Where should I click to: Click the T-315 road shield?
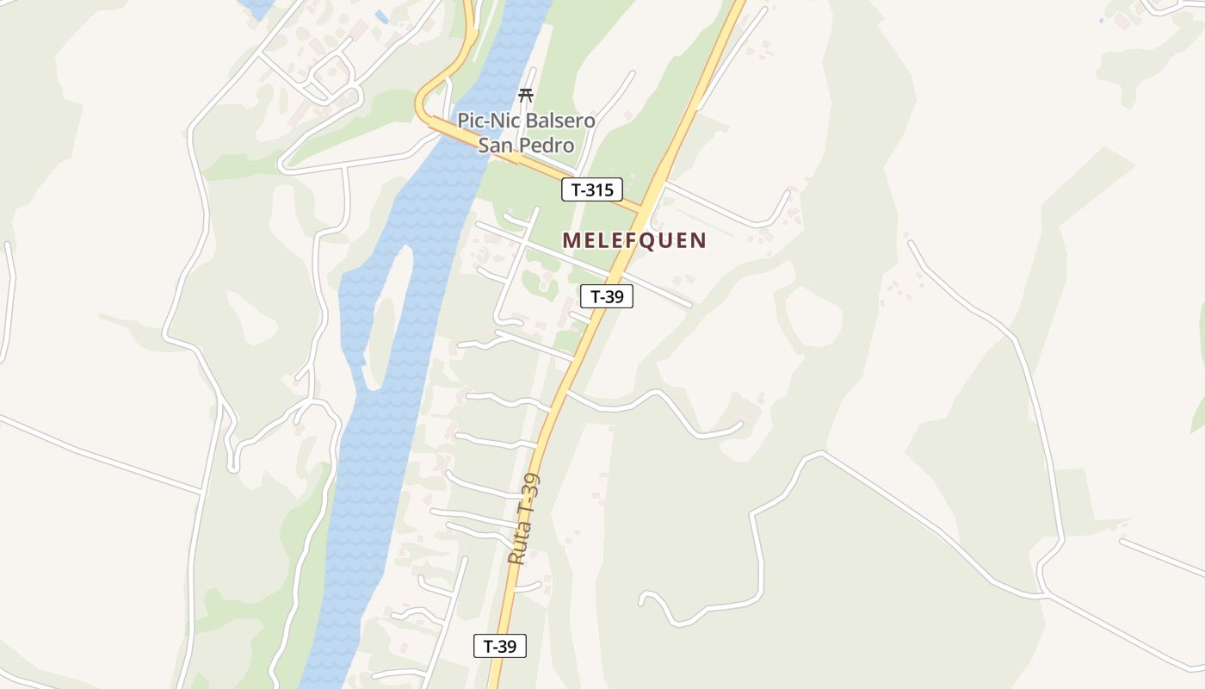click(592, 189)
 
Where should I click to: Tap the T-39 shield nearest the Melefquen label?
click(607, 297)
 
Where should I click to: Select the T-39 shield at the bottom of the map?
click(500, 646)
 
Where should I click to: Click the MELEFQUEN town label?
click(634, 240)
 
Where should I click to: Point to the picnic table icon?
click(526, 95)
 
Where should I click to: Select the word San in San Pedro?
click(496, 145)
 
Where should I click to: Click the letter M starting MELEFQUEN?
click(572, 240)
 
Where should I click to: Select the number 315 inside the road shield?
click(599, 189)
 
